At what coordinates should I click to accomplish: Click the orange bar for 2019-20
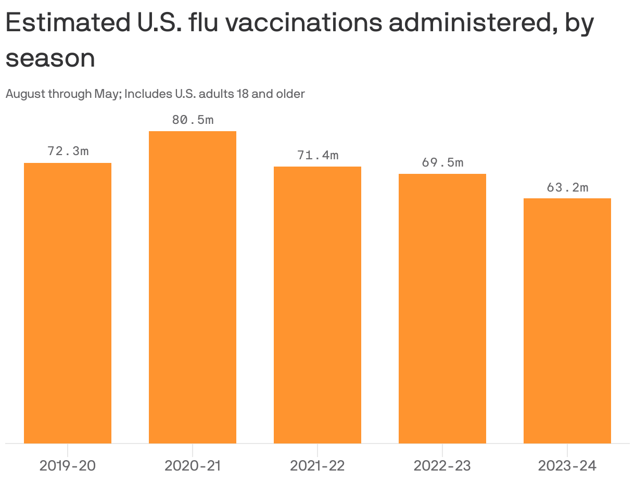click(68, 303)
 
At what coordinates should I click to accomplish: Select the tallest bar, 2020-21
click(193, 287)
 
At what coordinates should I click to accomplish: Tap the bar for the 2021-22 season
click(317, 305)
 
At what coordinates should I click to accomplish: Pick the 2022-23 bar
click(442, 309)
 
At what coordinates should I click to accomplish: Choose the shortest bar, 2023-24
click(567, 321)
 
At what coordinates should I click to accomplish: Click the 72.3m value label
click(68, 151)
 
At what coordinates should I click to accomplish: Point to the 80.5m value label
click(193, 120)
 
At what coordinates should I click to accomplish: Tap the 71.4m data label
click(317, 155)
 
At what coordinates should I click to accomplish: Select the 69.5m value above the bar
click(442, 162)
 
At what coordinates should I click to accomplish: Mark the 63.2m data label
click(567, 187)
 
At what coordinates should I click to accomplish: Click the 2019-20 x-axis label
click(68, 465)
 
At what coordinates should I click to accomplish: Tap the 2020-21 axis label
click(193, 465)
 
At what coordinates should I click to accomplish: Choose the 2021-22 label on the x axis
click(317, 465)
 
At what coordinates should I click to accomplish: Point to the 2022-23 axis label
click(442, 465)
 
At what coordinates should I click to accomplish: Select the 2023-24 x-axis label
click(567, 465)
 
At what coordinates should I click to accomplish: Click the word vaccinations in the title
click(307, 23)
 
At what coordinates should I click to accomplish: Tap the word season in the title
click(50, 58)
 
